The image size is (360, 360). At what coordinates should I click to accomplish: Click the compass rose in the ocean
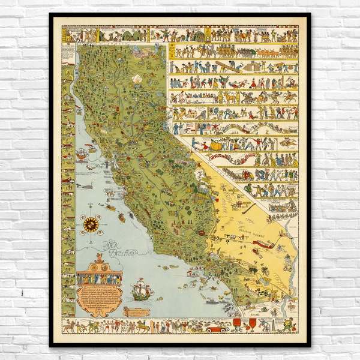(91, 225)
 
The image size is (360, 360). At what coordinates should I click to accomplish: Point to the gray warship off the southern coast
(212, 301)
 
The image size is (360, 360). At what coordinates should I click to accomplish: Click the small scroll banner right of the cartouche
(137, 311)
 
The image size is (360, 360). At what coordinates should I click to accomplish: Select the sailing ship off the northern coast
(82, 154)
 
